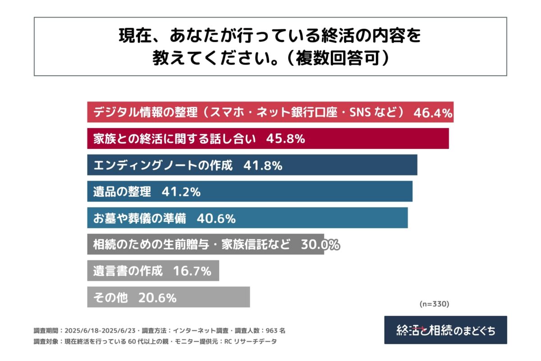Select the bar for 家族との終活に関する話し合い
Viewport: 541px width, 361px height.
(268, 139)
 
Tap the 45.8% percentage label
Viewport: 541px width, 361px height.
(285, 139)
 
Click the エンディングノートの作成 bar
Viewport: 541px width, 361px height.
(252, 165)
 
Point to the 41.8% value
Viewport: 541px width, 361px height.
(263, 165)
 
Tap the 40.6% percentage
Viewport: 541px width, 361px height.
(216, 218)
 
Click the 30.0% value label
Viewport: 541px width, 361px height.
(320, 245)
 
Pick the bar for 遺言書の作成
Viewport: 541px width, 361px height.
(153, 271)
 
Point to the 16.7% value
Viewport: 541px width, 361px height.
(192, 271)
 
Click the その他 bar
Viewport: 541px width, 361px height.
(168, 297)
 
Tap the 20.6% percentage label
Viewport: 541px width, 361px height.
(157, 297)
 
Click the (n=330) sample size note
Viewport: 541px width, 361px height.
(434, 304)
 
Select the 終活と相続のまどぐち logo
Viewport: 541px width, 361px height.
(445, 330)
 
